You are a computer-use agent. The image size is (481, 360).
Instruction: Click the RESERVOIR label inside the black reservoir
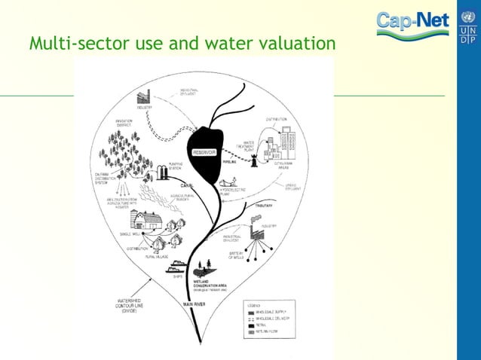click(x=205, y=152)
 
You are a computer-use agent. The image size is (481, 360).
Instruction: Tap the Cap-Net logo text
click(x=412, y=23)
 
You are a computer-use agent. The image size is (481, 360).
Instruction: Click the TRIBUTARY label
click(x=265, y=205)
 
